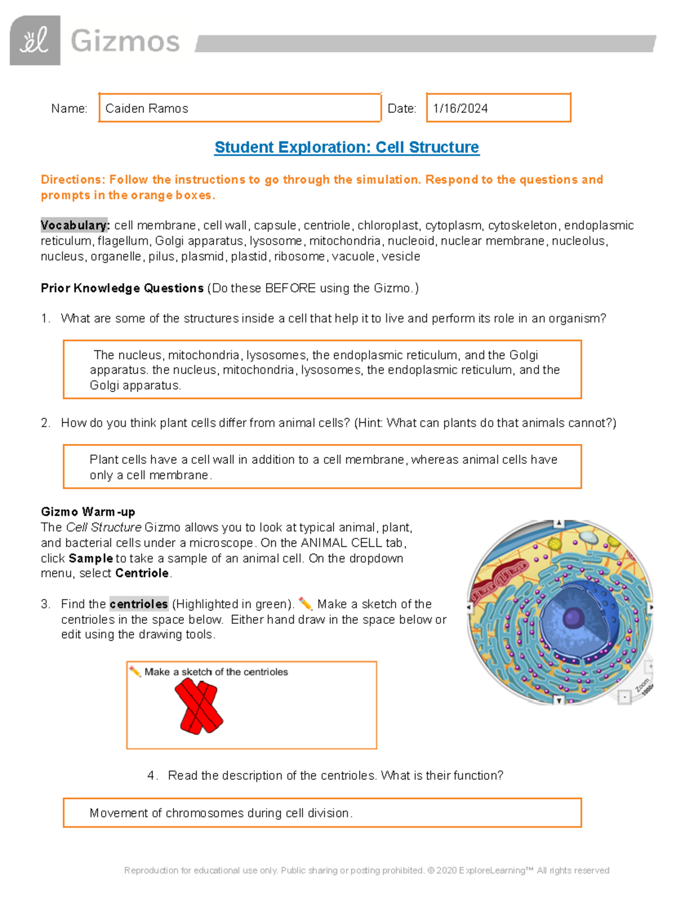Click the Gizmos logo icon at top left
35,40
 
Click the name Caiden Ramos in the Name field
146,109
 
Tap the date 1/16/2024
460,109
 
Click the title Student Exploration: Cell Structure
346,147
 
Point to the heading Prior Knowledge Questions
122,288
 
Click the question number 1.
45,319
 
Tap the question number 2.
45,423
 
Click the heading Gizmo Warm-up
88,512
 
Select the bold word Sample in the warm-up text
91,559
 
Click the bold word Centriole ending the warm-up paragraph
142,574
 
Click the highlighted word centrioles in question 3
139,604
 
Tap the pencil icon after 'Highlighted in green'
305,604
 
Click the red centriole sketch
199,706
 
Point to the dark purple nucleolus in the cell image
574,618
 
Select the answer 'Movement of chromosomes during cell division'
221,813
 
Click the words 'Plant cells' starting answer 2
111,460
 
